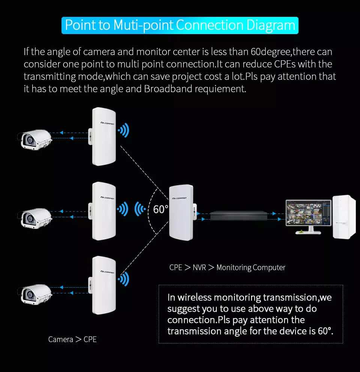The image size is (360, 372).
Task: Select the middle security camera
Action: tap(34, 217)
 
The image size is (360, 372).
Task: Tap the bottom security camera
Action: tap(34, 292)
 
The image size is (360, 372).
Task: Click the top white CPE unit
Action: tap(104, 136)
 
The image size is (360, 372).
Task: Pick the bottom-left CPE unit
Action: tap(104, 285)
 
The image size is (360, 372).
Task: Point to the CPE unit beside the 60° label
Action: tap(181, 212)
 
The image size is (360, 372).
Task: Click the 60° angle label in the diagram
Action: tap(160, 209)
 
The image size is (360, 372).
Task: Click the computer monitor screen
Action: tap(308, 213)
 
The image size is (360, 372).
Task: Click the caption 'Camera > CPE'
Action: tap(72, 339)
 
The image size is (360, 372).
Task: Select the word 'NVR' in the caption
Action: tap(199, 267)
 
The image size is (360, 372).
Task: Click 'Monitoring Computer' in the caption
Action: tap(251, 267)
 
